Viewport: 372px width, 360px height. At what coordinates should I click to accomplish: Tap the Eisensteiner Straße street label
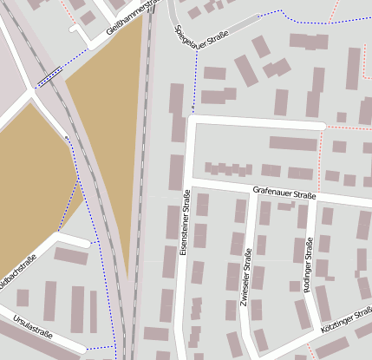[x=184, y=224]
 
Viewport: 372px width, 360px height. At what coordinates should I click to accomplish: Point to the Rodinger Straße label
[x=310, y=263]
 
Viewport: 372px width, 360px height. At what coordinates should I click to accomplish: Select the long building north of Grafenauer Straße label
[x=293, y=143]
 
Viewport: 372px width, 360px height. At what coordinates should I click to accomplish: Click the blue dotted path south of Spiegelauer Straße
[x=195, y=82]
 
